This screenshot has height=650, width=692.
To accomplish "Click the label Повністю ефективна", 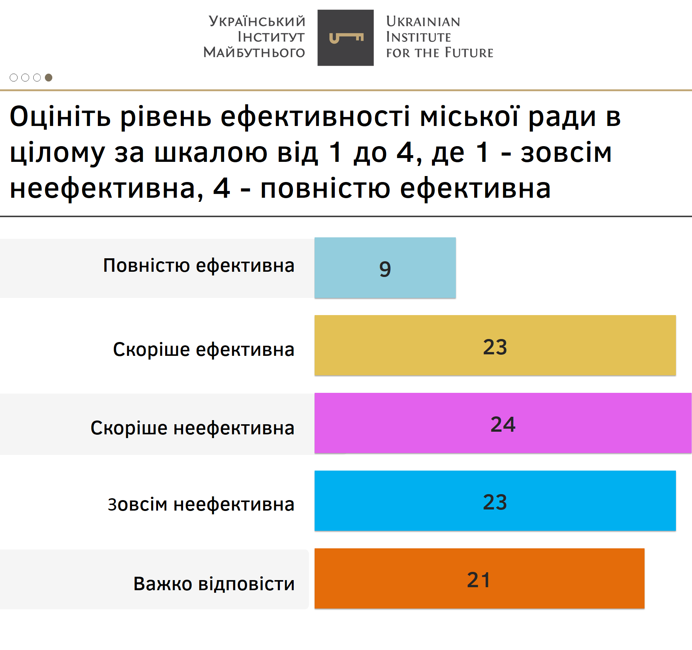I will click(199, 266).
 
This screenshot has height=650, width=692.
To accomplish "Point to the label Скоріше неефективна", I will click(192, 428).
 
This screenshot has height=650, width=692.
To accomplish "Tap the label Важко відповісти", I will click(214, 583).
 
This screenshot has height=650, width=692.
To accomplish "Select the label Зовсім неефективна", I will click(201, 504).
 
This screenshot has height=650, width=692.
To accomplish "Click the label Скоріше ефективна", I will click(204, 349).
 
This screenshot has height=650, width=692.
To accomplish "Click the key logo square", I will click(346, 38).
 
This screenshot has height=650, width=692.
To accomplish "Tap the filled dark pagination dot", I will click(49, 77).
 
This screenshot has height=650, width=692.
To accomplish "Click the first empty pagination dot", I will click(14, 77).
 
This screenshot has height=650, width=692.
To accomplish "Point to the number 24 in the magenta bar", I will click(503, 424).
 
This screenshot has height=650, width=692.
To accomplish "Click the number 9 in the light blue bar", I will click(385, 269).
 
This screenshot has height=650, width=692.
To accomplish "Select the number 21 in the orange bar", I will click(479, 580).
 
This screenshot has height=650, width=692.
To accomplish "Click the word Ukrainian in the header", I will click(423, 22).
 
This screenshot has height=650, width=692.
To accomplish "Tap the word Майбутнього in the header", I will click(254, 52).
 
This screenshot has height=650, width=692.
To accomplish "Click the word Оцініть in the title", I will click(60, 117).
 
